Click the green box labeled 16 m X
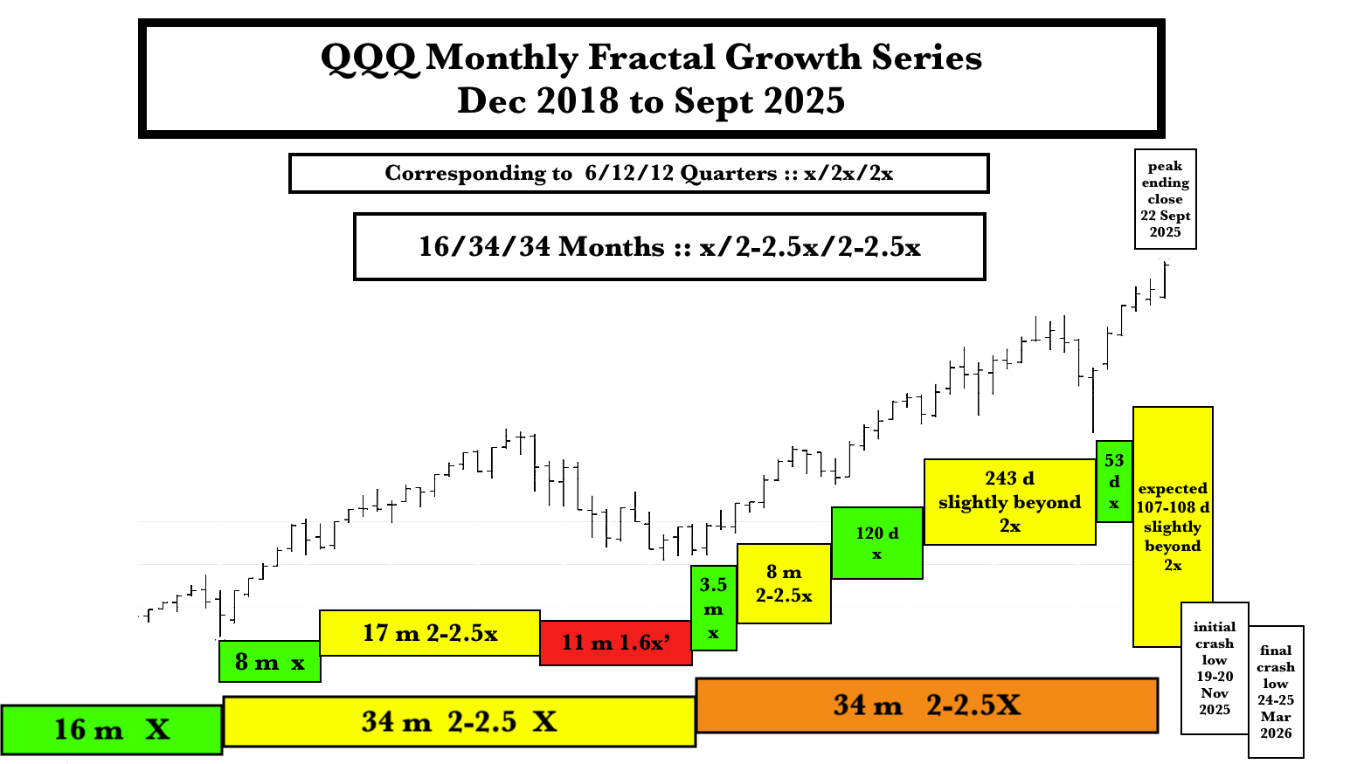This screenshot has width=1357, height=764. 111,729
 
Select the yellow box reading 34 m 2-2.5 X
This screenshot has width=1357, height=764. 460,721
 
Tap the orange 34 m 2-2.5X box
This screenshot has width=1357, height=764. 926,705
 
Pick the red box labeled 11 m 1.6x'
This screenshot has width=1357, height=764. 616,643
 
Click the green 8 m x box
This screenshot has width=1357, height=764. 269,662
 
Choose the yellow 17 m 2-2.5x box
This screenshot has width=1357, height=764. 430,633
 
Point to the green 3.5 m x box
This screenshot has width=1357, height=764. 714,609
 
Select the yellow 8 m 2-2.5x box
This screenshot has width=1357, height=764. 784,583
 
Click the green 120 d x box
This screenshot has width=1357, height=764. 877,543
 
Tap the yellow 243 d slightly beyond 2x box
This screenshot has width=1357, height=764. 1010,502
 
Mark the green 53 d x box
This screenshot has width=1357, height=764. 1114,481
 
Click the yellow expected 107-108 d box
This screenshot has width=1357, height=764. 1173,527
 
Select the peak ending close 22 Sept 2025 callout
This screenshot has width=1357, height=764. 1166,199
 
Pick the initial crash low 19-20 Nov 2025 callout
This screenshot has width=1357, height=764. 1215,668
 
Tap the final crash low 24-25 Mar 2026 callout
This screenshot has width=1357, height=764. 1276,692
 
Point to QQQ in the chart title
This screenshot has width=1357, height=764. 369,58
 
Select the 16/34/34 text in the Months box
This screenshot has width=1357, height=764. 484,247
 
